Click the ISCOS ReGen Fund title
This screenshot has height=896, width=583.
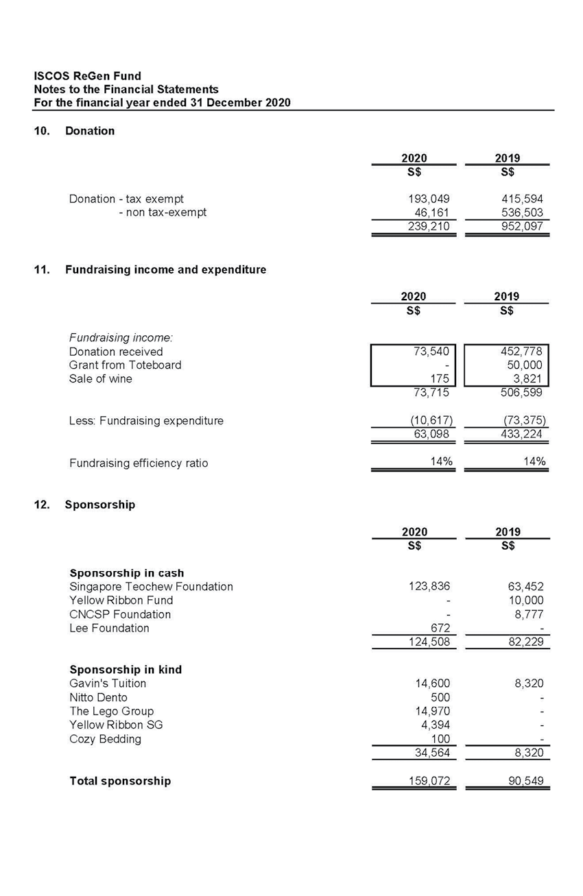(x=87, y=76)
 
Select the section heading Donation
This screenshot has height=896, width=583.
(x=90, y=131)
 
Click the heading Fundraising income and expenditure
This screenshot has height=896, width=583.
(x=165, y=270)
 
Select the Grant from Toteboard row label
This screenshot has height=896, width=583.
(x=125, y=365)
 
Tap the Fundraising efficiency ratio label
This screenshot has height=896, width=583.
(x=139, y=463)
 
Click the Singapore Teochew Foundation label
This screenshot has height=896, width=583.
(x=151, y=587)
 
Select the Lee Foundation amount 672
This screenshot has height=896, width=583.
(x=439, y=629)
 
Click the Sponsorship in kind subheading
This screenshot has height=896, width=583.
(x=126, y=670)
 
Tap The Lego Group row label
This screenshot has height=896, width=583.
(x=111, y=712)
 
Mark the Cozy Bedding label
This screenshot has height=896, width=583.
(x=105, y=739)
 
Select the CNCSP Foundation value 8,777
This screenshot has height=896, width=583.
(x=529, y=614)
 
